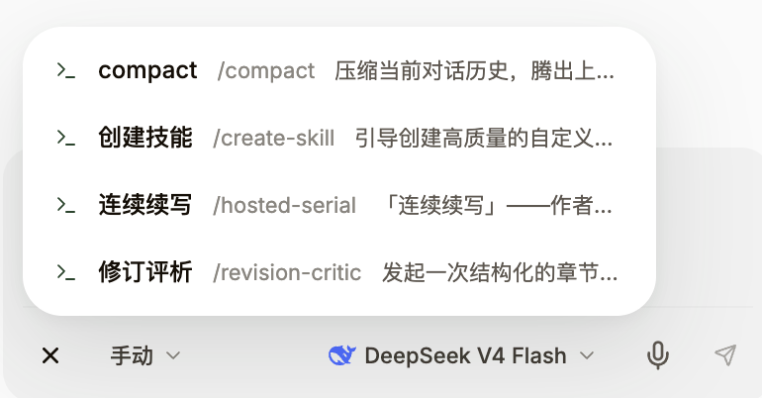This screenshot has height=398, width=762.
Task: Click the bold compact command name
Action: click(147, 71)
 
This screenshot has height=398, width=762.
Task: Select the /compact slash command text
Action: click(266, 71)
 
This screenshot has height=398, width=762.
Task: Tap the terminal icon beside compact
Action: click(66, 70)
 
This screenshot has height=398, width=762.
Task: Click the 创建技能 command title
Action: click(144, 138)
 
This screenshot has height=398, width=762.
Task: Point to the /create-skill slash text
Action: click(273, 138)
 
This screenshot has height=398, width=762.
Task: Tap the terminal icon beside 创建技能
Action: click(66, 138)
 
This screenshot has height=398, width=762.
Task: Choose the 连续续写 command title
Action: click(144, 205)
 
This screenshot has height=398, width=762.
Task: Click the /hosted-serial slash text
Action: click(284, 205)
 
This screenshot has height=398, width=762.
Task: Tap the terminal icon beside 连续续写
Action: click(66, 205)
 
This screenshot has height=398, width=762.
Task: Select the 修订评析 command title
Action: click(144, 271)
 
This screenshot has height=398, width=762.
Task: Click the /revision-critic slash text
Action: click(287, 272)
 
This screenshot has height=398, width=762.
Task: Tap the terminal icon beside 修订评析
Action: click(66, 271)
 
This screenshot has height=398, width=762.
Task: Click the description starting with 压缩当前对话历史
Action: click(474, 71)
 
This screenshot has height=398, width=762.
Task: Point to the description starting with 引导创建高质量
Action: click(484, 138)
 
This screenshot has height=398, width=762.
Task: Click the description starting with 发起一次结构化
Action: click(500, 272)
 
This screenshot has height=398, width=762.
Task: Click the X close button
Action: click(50, 355)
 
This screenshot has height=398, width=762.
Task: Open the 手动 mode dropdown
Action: click(144, 355)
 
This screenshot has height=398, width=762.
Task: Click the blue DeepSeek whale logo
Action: click(342, 355)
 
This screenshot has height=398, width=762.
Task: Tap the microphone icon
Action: click(657, 355)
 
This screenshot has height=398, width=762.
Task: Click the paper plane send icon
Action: click(725, 355)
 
